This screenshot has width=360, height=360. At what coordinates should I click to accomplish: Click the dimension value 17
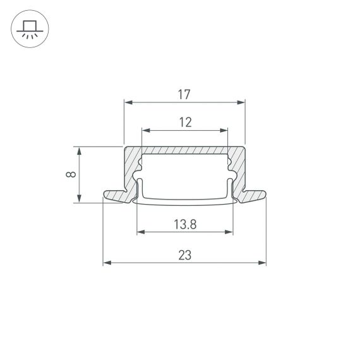click(x=184, y=95)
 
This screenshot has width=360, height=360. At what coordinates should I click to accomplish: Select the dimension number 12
click(x=184, y=123)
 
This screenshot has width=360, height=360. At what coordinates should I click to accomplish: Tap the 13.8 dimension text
click(x=184, y=224)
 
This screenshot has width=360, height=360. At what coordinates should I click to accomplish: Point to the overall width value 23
click(x=184, y=255)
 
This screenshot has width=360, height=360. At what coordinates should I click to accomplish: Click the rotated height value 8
click(x=71, y=175)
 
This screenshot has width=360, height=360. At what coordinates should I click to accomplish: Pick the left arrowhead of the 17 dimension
click(x=127, y=102)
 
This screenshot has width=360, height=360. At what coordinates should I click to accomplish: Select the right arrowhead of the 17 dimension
click(x=241, y=102)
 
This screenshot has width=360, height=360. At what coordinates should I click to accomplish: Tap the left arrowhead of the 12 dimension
click(x=145, y=131)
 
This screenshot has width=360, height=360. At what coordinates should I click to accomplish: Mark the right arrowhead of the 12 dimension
click(x=224, y=131)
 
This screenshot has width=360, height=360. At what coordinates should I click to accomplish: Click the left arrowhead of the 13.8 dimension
click(x=140, y=232)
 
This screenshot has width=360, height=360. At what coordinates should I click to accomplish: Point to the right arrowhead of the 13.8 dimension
click(x=229, y=232)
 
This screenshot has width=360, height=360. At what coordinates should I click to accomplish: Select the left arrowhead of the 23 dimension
click(x=107, y=263)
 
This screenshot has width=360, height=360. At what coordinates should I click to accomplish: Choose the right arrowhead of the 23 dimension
click(x=262, y=263)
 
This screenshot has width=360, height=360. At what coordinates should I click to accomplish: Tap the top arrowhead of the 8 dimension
click(x=79, y=150)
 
